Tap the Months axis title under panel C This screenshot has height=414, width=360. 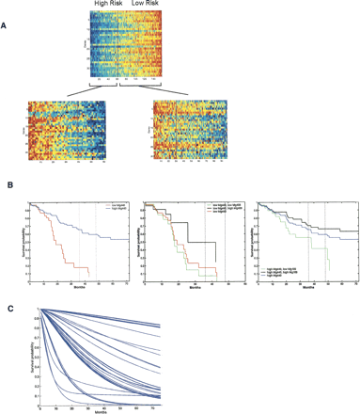(100, 410)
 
